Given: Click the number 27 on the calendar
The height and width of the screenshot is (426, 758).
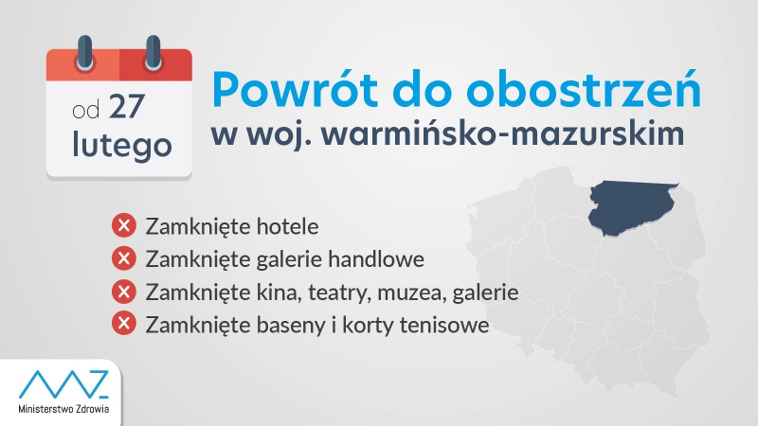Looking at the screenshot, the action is point(127,106).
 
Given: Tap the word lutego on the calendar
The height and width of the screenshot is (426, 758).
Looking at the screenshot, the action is point(122,145).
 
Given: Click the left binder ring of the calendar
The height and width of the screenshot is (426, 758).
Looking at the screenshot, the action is point(85,52).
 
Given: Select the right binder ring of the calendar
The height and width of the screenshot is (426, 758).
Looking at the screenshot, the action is point(153,52).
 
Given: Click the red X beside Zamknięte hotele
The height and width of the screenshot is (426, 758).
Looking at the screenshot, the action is point(124,225).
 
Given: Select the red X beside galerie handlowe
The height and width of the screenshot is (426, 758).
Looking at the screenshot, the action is point(124,257).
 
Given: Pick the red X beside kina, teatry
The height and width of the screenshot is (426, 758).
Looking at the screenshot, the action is point(124,292).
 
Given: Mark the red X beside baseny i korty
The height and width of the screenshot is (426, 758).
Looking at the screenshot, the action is point(124,323).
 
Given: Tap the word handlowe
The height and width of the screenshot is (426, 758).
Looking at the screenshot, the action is point(376,258).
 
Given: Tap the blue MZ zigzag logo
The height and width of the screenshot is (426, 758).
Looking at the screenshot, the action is point(63,384).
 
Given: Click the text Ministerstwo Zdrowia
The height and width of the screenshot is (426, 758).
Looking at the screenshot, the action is point(63,409).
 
